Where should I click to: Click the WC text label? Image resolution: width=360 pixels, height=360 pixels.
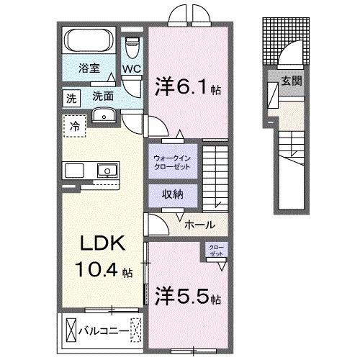pyautogui.click(x=130, y=69)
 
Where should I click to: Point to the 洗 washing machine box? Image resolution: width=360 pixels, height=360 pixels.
pyautogui.click(x=71, y=96)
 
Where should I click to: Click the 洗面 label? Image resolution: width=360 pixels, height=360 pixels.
pyautogui.click(x=102, y=96)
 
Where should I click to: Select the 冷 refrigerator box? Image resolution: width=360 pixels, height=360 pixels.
pyautogui.click(x=75, y=127)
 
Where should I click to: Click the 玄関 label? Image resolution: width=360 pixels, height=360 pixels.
pyautogui.click(x=291, y=81)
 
